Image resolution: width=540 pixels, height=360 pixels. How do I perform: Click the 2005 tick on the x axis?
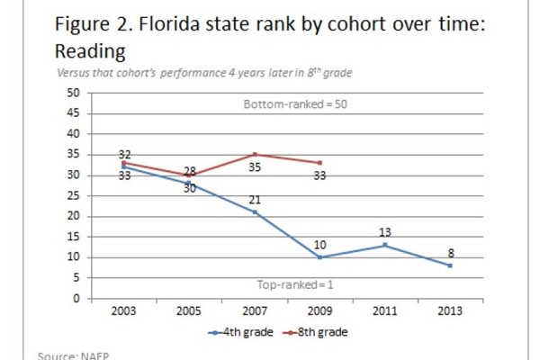(188, 311)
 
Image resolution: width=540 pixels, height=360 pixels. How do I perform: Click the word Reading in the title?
(87, 50)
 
